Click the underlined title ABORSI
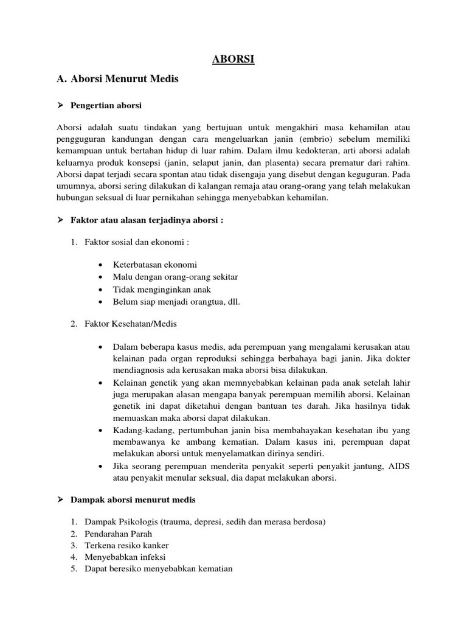coord(233,59)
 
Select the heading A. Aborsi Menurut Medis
coord(117,79)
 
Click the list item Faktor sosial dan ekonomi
coord(137,242)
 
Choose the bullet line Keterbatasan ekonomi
coord(155,265)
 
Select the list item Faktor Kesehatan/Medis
coord(131,324)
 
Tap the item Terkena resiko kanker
coord(126,545)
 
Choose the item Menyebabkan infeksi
coord(125,557)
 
